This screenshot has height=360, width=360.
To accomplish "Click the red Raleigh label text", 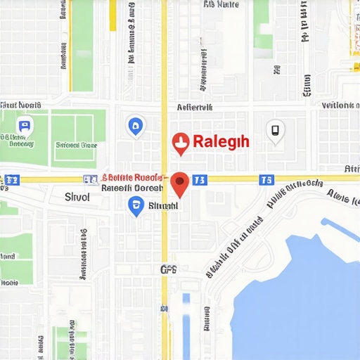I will tap(221, 141).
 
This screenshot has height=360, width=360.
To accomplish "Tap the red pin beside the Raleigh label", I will tap(181, 143).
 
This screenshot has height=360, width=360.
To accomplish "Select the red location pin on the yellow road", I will tap(180, 184).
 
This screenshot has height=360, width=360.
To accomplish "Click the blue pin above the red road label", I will tap(135, 127).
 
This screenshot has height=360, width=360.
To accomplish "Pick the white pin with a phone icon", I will tap(275, 130).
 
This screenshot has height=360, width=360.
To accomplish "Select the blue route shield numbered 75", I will tap(266, 180).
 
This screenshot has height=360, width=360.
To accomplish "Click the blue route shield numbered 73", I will tap(200, 180).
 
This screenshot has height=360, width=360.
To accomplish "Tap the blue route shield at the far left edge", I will tap(12, 181).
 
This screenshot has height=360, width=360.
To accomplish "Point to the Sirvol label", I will tap(77, 197).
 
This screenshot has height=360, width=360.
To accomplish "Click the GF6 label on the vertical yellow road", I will tap(168, 269).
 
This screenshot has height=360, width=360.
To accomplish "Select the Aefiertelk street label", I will tap(194, 108).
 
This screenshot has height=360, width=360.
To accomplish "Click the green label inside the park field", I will tap(76, 145).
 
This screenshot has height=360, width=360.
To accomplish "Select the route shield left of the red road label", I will tap(89, 180).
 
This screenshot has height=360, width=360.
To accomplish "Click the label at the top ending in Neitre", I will tap(221, 4).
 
